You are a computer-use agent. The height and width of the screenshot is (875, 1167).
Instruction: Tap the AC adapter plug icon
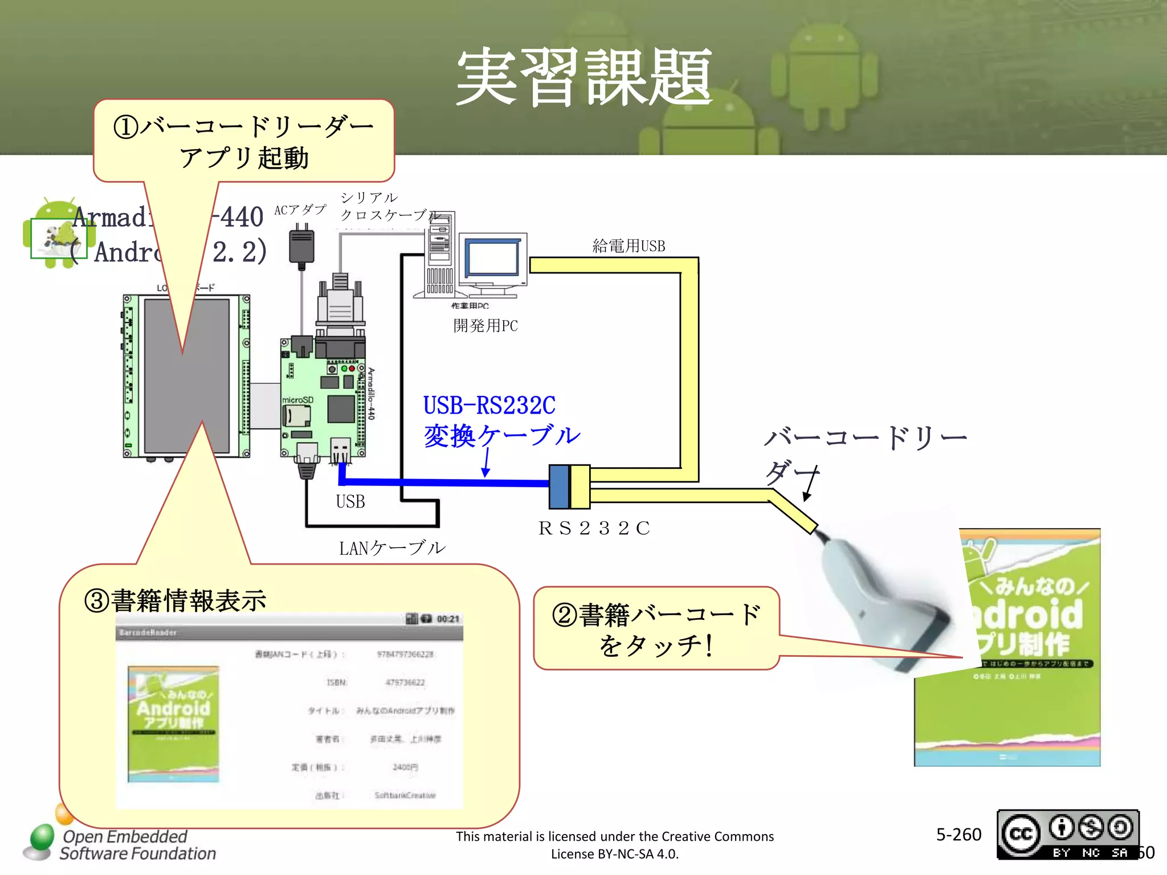click(x=301, y=246)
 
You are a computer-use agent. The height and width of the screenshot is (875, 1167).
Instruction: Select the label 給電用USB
click(x=629, y=246)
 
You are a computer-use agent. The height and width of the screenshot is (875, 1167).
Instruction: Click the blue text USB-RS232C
click(x=489, y=406)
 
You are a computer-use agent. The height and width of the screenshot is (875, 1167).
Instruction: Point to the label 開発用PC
click(x=485, y=326)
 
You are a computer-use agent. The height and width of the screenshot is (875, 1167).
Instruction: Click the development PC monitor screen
click(x=492, y=258)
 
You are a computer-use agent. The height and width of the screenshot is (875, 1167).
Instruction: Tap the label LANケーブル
click(x=392, y=548)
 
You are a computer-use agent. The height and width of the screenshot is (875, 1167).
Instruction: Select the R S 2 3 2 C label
click(x=594, y=529)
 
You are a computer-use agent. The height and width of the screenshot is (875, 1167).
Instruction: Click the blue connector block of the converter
click(x=559, y=486)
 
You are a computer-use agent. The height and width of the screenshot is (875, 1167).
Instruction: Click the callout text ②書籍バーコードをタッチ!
click(x=656, y=629)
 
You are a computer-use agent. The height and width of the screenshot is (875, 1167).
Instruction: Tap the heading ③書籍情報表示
click(x=175, y=601)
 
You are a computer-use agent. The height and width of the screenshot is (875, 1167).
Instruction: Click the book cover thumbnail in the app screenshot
click(x=173, y=723)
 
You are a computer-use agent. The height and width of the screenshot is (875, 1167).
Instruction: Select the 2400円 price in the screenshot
click(x=405, y=767)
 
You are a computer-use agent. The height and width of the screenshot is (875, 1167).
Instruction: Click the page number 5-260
click(x=958, y=835)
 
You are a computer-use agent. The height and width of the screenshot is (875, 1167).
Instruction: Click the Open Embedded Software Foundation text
click(x=137, y=845)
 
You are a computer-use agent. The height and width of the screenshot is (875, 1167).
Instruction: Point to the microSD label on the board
click(x=297, y=400)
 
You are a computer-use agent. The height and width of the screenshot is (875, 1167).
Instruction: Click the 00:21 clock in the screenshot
click(x=448, y=619)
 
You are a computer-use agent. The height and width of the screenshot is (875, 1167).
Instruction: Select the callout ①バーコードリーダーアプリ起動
click(x=244, y=141)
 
